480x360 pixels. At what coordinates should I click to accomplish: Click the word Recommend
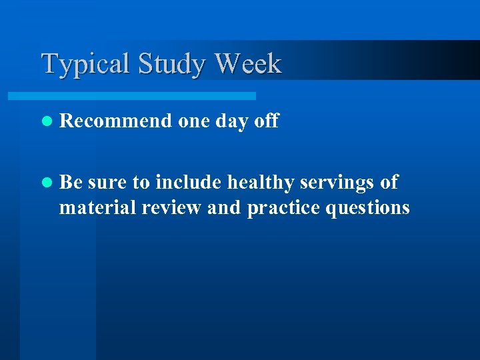[x=115, y=121]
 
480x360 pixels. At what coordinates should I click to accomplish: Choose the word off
[x=267, y=121]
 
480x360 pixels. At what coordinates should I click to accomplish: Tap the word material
[x=98, y=208]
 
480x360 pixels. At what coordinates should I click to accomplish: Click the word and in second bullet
[x=225, y=208]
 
